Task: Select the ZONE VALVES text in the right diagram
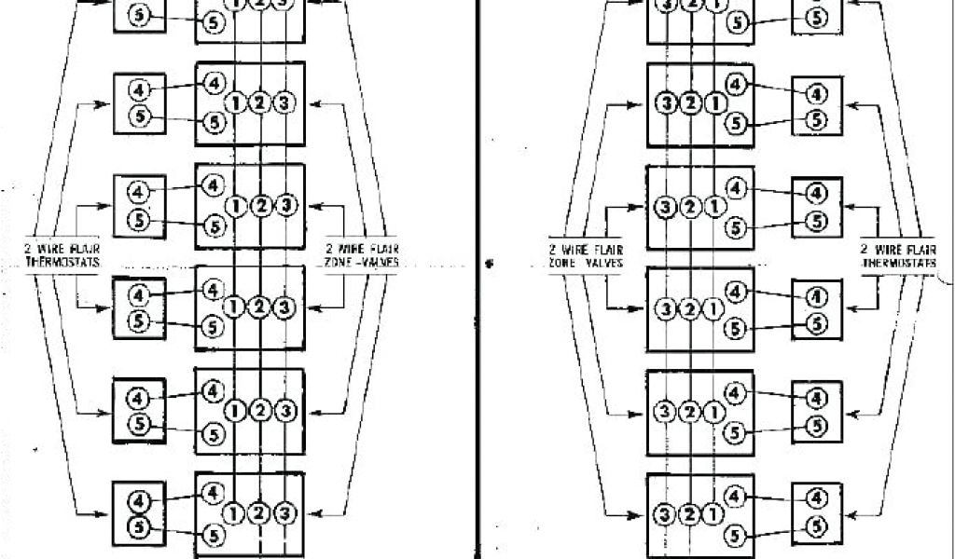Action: (x=586, y=263)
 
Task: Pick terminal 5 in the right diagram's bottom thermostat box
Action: (x=816, y=526)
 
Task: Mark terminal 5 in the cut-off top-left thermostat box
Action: (x=139, y=16)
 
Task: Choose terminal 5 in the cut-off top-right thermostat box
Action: (x=816, y=16)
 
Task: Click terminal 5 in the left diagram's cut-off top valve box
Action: (x=214, y=21)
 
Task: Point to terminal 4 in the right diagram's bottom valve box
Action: (x=737, y=495)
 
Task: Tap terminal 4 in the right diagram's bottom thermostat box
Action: (x=816, y=498)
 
